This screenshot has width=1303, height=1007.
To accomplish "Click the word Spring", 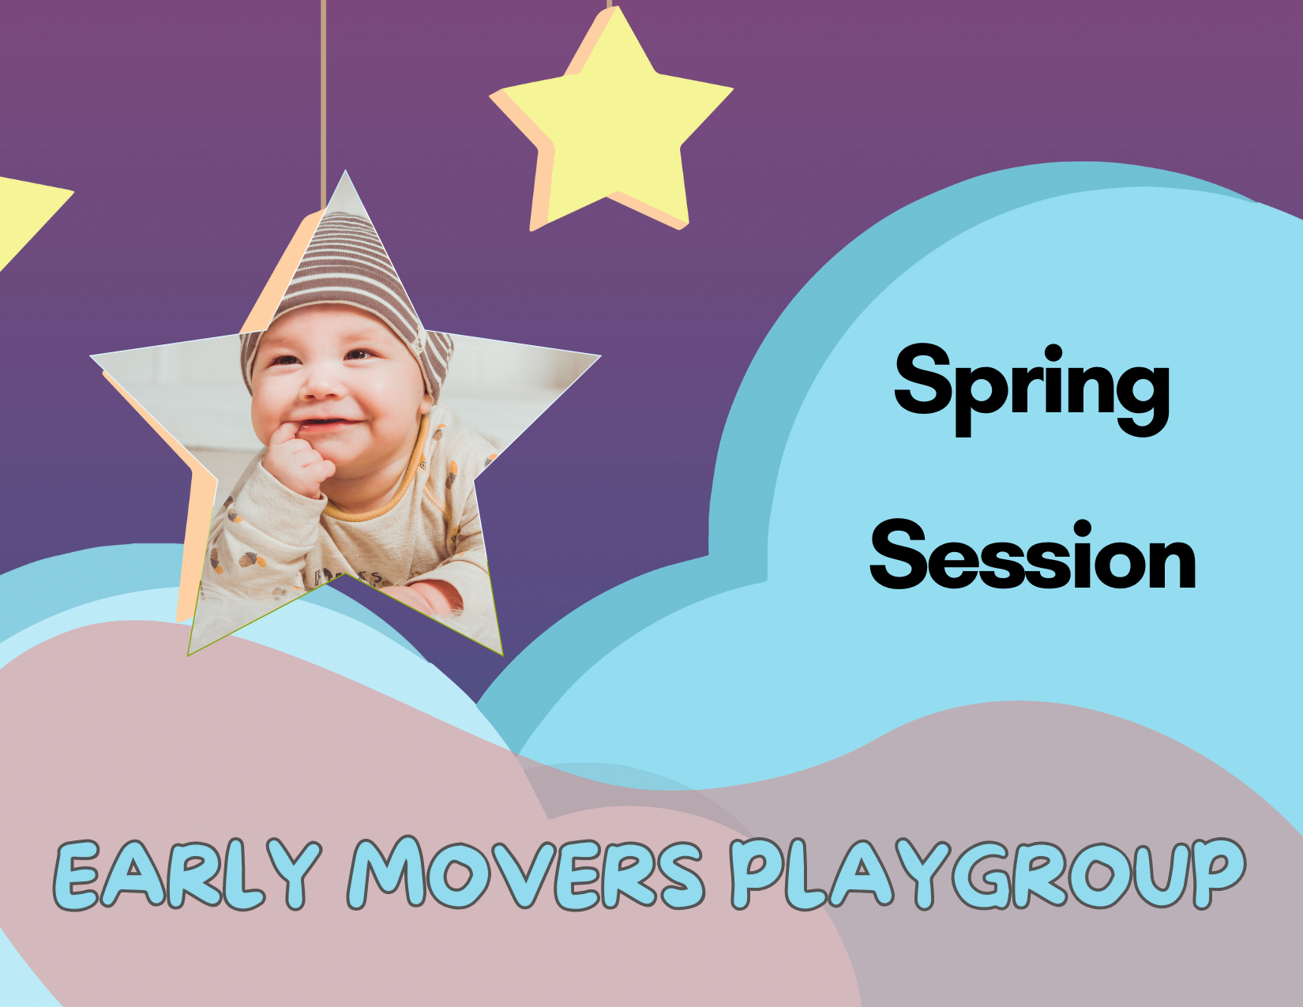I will click(1031, 387).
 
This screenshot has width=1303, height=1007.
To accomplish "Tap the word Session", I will click(1033, 557).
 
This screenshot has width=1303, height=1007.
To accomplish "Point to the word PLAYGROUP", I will click(987, 874).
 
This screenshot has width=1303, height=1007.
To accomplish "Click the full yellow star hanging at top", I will click(612, 126).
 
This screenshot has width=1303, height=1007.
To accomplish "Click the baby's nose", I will click(321, 385).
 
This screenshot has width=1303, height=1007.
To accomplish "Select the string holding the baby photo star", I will click(323, 95).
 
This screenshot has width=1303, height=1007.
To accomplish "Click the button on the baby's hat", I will click(421, 345).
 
